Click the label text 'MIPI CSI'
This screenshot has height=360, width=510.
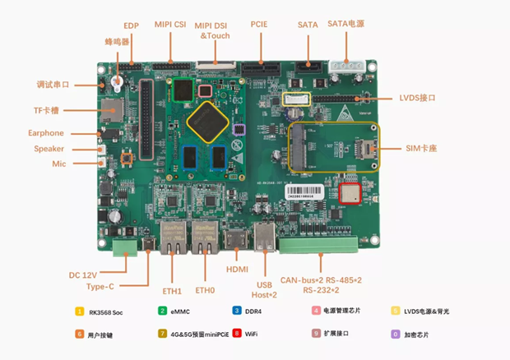170,25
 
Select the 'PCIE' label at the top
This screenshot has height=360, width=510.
259,25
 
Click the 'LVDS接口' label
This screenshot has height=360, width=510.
417,98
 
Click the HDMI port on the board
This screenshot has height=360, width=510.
237,239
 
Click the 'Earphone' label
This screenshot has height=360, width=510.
45,133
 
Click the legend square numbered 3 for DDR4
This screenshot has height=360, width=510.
237,311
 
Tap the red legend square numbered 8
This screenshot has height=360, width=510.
237,334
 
